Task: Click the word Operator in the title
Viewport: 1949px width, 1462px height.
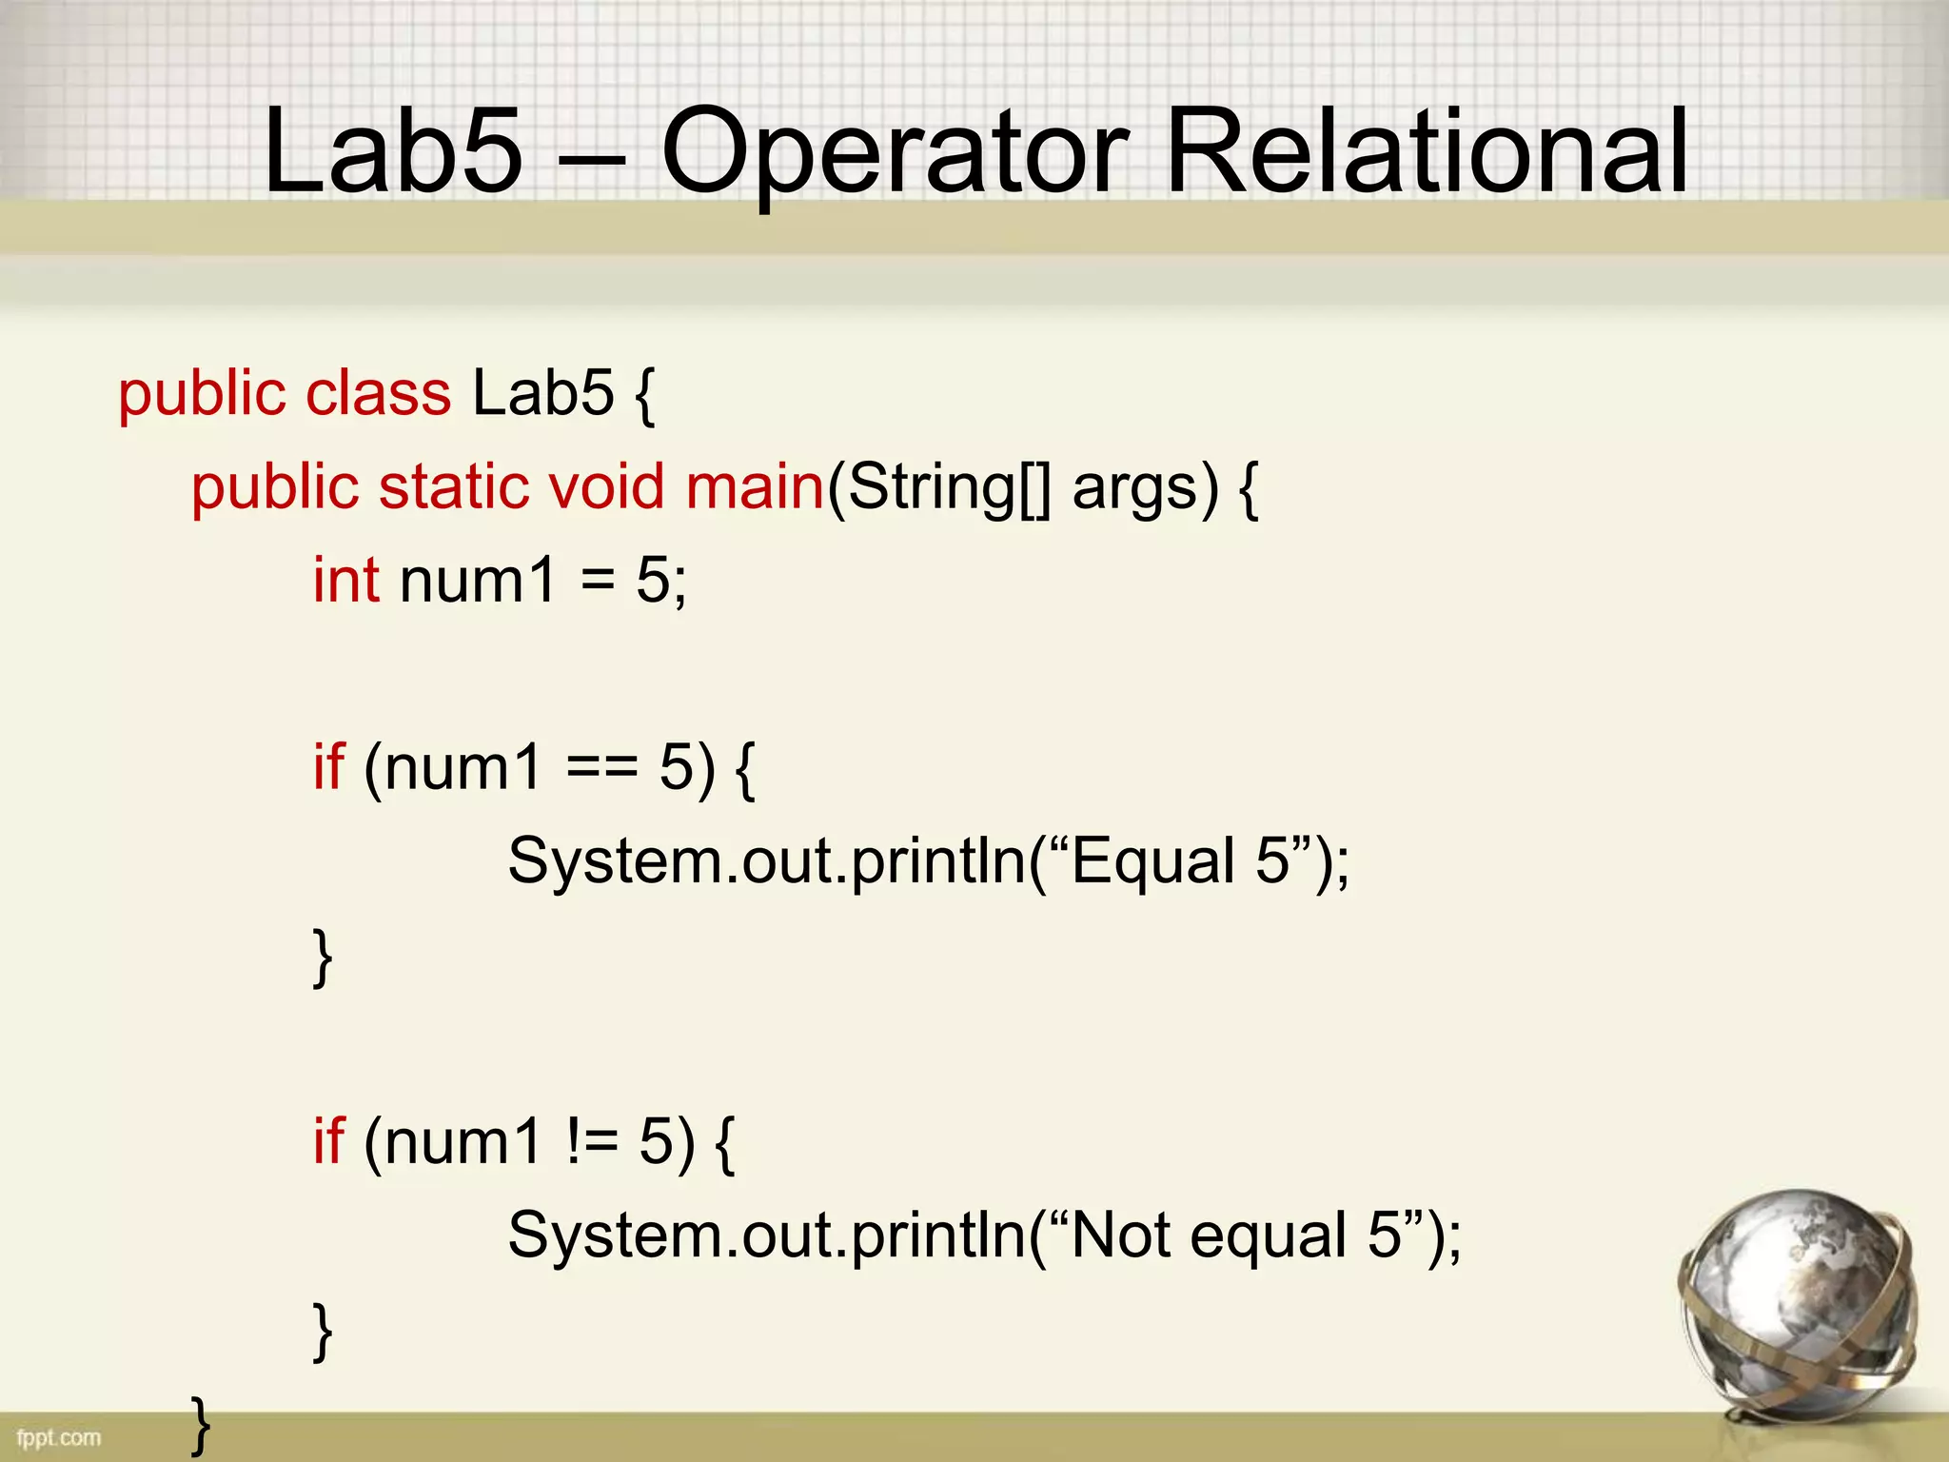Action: (895, 152)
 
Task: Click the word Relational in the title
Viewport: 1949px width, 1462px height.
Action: (1426, 152)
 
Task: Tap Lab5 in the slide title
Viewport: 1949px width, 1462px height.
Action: (393, 152)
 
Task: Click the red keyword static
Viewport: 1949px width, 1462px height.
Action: (454, 486)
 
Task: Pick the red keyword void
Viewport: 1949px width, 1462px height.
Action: (605, 486)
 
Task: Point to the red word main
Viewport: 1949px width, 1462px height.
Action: (755, 486)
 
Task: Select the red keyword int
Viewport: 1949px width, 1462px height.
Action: (346, 580)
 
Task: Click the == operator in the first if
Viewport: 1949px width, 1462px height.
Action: (601, 767)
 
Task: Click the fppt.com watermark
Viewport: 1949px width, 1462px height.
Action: (58, 1437)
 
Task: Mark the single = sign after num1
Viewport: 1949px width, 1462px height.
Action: (598, 580)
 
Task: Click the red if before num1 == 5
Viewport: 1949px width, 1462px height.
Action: (328, 766)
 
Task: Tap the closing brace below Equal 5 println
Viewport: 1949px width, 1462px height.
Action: (323, 957)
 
